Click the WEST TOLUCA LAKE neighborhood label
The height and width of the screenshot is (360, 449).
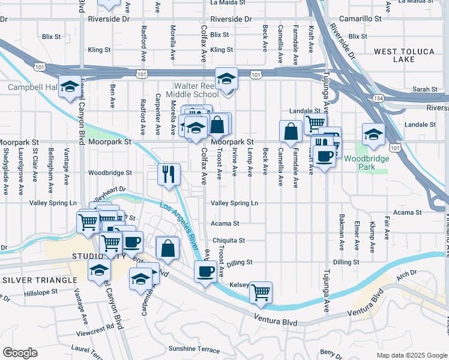point(403,56)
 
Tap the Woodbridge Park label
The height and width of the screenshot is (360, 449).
point(366,163)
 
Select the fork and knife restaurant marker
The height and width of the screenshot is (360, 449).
point(169,174)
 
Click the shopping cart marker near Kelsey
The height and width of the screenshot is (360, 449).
point(261,292)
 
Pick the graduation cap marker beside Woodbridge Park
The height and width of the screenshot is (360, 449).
point(373,134)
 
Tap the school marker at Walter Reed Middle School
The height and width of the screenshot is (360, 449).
point(227,79)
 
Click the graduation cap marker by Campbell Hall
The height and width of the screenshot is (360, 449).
point(70,86)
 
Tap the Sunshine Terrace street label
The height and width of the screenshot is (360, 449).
point(194,349)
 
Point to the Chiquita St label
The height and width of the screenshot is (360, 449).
point(229,241)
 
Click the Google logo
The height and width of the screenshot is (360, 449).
point(20,353)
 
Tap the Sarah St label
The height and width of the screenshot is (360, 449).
point(425,89)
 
